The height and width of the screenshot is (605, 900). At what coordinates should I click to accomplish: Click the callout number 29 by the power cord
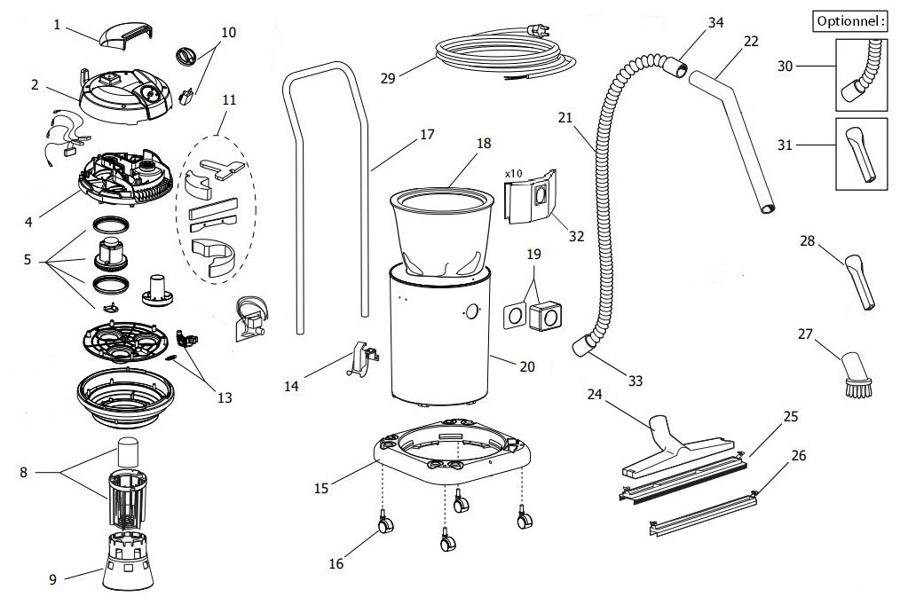tap(387, 78)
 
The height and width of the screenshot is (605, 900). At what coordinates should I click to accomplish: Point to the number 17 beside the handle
tap(427, 135)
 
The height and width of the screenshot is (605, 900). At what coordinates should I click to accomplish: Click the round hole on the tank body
tap(471, 312)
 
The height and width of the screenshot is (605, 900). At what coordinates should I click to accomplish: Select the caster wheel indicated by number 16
tap(386, 526)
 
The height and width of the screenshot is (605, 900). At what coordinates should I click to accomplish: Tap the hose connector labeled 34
tap(675, 67)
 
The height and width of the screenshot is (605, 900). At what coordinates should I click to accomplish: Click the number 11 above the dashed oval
tap(229, 100)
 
